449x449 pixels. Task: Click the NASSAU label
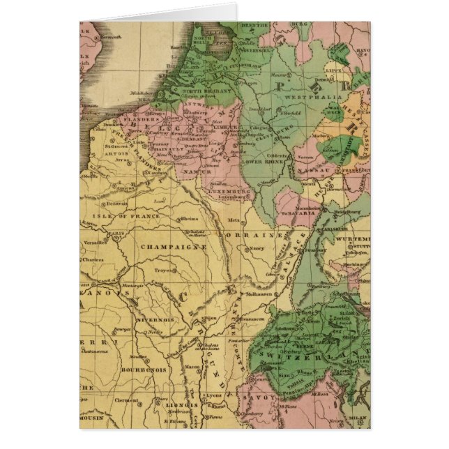tap(312, 170)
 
